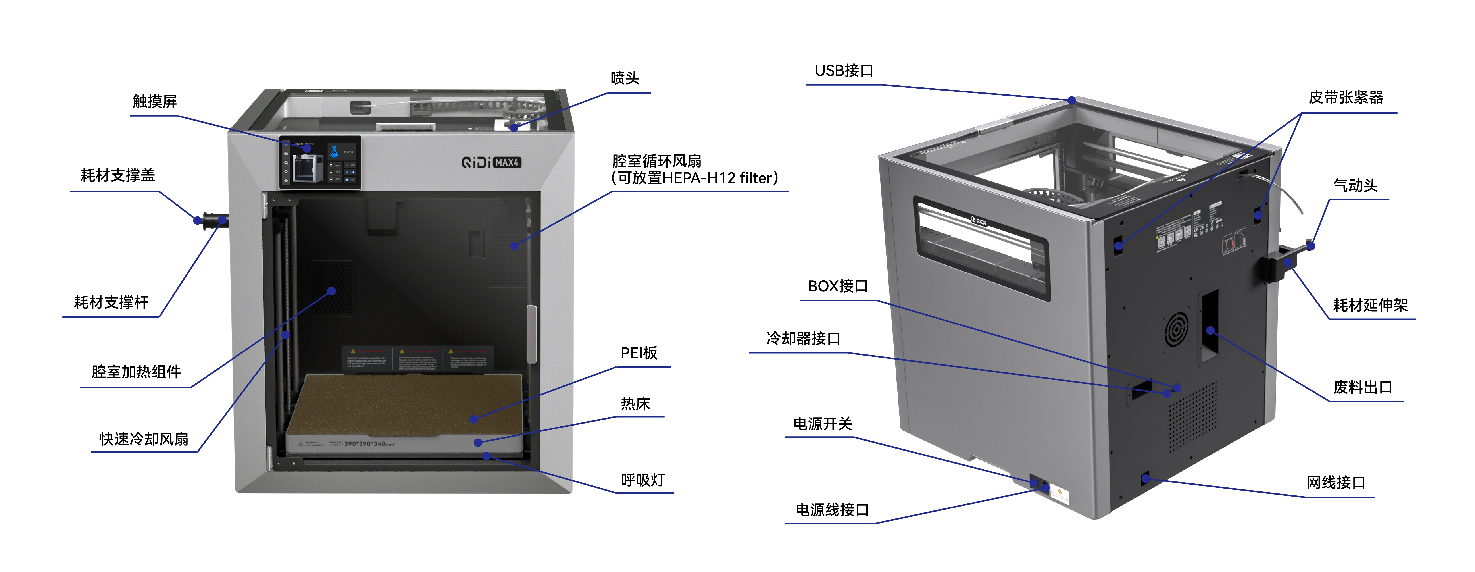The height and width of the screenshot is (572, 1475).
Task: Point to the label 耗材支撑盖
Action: pos(118,175)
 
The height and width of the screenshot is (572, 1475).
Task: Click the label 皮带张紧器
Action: pos(1346,97)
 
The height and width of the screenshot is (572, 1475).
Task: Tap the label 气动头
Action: pos(1355,185)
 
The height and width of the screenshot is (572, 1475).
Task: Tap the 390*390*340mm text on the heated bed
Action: pos(369,444)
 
